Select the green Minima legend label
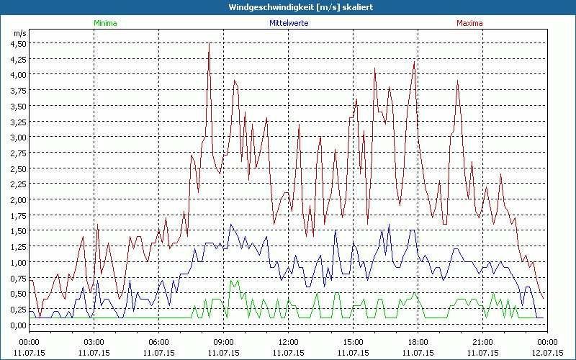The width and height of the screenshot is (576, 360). pos(105,23)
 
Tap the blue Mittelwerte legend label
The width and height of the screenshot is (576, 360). pos(289,23)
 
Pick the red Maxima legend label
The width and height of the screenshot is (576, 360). pos(469,23)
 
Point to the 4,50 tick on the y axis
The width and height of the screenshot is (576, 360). pos(17,42)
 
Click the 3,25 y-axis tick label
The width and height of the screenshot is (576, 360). pos(17,121)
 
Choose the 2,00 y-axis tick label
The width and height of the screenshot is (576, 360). pos(17,199)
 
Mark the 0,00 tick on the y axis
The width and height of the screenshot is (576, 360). pos(17,325)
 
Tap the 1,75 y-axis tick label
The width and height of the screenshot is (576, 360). pos(17,215)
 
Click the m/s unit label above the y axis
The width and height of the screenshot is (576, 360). pos(19,33)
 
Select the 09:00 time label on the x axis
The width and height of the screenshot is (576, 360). pos(223,342)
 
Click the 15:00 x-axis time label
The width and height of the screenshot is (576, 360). pos(353,342)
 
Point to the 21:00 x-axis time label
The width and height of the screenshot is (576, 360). pos(482,342)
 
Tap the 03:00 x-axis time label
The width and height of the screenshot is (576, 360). pos(94,342)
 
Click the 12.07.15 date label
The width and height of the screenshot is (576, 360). pos(547,353)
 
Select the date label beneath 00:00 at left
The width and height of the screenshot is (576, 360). pos(29,353)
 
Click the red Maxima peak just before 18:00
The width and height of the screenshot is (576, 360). pos(415,63)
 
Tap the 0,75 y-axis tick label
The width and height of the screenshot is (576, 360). pos(17,278)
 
